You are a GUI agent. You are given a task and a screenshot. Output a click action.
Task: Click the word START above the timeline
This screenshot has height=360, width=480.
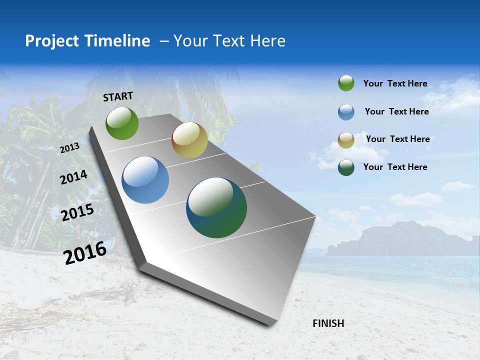point(118,96)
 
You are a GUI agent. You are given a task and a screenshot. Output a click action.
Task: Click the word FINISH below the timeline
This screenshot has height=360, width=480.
point(328,323)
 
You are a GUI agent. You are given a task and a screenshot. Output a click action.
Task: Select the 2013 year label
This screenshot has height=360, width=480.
point(69,148)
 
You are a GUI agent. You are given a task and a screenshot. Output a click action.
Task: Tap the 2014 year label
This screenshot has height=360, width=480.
point(73,177)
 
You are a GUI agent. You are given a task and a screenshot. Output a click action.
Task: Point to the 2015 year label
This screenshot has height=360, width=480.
point(77,212)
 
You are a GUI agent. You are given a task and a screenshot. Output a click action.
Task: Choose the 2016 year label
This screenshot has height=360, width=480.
point(85,252)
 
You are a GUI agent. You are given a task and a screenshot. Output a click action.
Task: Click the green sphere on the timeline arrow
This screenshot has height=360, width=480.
point(122,123)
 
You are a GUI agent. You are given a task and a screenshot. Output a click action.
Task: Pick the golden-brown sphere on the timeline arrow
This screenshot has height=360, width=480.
point(189,140)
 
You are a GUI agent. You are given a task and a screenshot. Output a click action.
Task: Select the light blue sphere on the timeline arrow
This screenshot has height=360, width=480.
point(145,180)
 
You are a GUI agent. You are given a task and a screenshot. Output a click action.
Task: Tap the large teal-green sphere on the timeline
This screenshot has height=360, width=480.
point(216,207)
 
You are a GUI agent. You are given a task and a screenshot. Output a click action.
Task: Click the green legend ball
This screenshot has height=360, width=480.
point(346,83)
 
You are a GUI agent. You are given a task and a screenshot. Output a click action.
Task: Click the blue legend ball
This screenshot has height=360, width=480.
point(346,112)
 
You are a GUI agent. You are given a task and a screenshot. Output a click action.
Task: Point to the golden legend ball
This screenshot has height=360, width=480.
point(346,140)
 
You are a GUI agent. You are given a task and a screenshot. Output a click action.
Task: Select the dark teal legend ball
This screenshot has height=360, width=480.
point(346,167)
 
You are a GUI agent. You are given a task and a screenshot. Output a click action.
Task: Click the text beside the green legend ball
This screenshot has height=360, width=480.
point(395,83)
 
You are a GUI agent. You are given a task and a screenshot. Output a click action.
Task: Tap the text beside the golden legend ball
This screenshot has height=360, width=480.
point(397,139)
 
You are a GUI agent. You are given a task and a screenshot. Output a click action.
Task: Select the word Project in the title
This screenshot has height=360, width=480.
point(52,41)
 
